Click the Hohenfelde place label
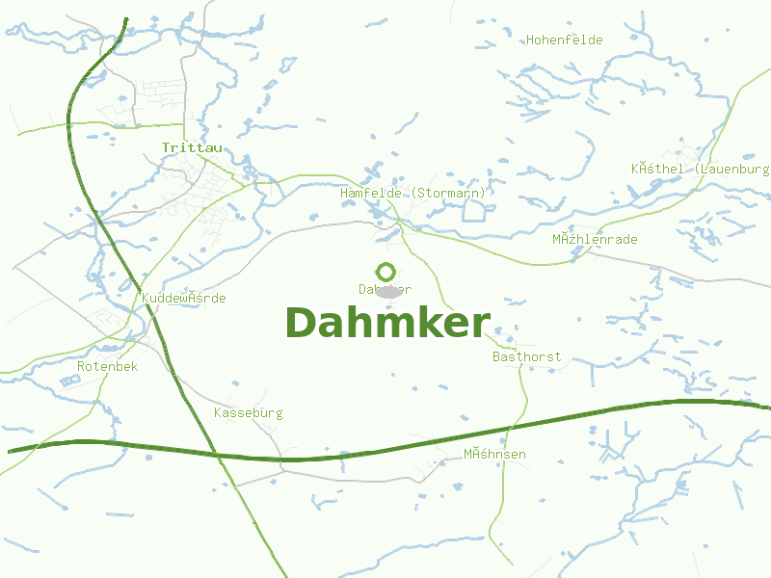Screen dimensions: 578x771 (564, 39)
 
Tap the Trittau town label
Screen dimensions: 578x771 (192, 147)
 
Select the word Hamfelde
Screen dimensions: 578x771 (372, 193)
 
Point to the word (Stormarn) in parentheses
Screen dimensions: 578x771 (448, 193)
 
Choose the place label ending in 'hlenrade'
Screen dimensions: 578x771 (595, 239)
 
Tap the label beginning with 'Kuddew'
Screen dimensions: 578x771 (183, 298)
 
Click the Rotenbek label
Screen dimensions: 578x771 (107, 366)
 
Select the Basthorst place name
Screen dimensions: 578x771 (526, 356)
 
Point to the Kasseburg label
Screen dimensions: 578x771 (248, 412)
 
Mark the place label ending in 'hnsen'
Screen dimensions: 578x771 (494, 453)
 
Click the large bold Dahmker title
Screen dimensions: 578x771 (387, 323)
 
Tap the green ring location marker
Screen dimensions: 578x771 (385, 272)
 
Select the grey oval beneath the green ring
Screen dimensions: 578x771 (387, 291)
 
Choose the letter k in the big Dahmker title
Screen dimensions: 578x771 (421, 323)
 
